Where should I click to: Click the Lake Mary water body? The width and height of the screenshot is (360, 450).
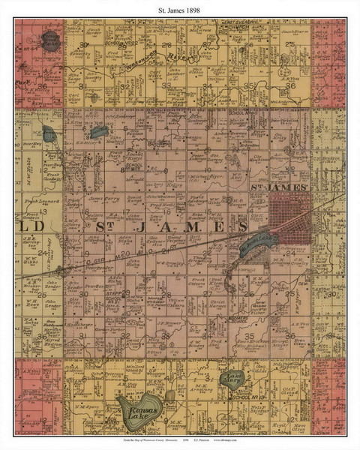(x=232, y=379)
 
